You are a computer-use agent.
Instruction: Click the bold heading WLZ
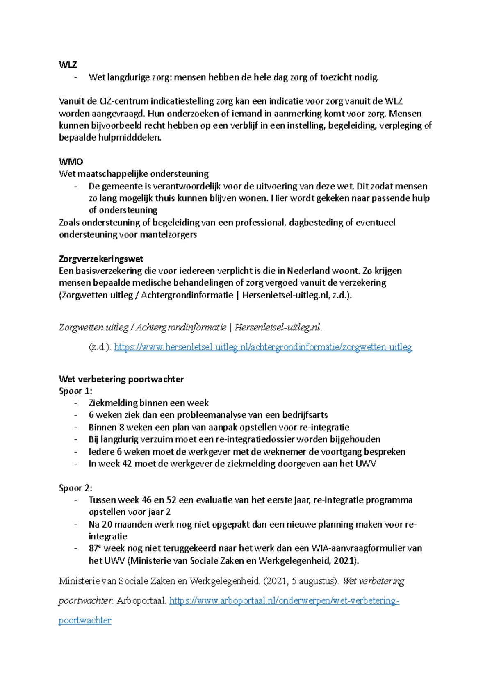68,65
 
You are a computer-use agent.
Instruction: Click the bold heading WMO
71,161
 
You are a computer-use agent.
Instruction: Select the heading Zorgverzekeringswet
101,259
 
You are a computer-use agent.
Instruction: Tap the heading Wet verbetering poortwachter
121,379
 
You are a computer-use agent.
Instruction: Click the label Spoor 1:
75,391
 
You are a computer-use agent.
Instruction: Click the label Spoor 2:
75,488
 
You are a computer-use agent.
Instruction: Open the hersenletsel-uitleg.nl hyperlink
263,347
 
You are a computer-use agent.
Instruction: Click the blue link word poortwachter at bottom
85,620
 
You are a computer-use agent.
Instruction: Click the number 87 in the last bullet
93,548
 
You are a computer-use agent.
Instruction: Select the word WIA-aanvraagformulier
359,548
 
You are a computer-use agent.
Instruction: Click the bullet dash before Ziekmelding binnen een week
75,403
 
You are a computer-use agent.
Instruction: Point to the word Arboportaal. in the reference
141,601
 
